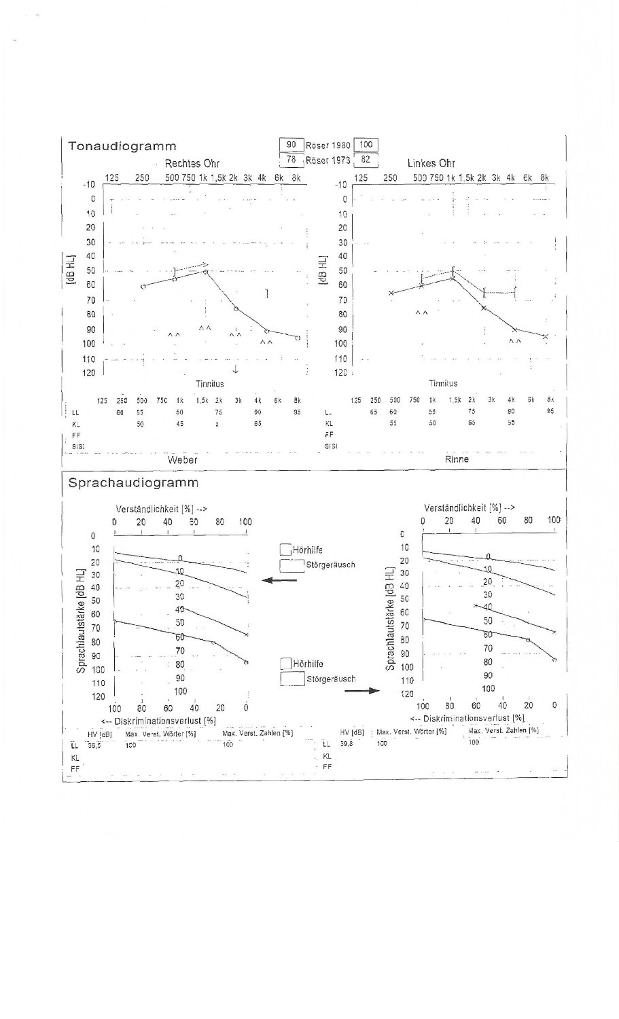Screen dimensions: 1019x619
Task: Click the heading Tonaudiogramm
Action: coord(122,146)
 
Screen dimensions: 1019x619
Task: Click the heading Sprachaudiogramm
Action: coord(133,483)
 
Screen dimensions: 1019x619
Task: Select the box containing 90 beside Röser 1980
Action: coord(291,145)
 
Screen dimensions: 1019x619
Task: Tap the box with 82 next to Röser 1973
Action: coord(366,160)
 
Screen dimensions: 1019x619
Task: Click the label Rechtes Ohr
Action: coord(192,164)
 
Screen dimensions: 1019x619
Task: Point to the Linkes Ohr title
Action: coord(431,164)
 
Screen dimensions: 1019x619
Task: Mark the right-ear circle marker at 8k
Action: coord(298,338)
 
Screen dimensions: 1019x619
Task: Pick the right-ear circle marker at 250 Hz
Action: coord(143,287)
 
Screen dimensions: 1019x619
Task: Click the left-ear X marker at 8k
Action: coord(545,336)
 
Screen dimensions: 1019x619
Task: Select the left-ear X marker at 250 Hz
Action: coord(391,293)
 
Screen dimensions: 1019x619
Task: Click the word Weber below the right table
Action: coord(182,460)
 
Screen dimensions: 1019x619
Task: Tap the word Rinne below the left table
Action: coord(457,459)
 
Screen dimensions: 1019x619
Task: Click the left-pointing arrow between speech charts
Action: coord(279,580)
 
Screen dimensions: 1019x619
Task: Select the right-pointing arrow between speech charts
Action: coord(361,690)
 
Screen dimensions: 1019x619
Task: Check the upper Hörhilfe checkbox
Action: coord(285,550)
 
